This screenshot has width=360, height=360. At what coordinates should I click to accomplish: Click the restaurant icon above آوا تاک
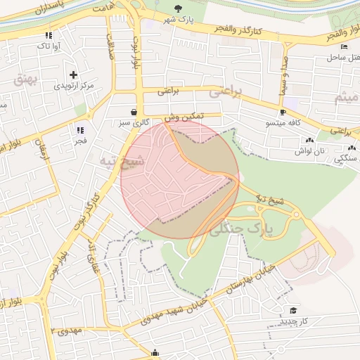coord(49,34)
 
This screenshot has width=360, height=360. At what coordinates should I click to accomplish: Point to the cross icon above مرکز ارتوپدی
coord(74,74)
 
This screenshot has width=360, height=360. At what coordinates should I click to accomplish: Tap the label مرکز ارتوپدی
coord(74,86)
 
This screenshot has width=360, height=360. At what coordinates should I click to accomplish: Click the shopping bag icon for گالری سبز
coord(134,112)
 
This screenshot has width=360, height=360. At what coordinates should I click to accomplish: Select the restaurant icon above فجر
coord(79,129)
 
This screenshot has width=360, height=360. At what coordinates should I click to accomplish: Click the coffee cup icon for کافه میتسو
coord(283,112)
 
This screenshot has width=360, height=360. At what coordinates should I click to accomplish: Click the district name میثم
coord(346,97)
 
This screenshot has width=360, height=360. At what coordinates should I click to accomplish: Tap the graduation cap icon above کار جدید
coord(293,310)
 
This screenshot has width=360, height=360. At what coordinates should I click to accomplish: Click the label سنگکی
coord(345,159)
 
